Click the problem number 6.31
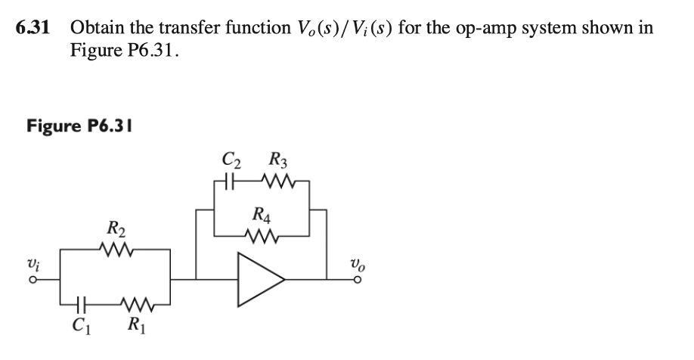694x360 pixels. point(33,29)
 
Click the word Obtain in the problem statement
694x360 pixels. point(96,29)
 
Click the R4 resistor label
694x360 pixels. point(262,215)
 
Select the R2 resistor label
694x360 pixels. point(117,226)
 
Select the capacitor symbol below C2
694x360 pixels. point(231,182)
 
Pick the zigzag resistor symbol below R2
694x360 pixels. point(117,247)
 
